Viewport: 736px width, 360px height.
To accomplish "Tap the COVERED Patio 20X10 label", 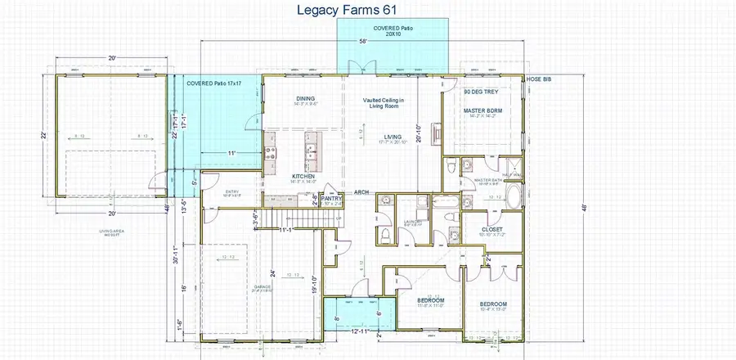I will click(393, 31).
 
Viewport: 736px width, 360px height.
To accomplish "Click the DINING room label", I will click(305, 99).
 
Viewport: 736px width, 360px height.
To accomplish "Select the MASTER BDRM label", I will click(482, 110).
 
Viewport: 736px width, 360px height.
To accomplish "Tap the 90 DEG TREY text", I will click(479, 92).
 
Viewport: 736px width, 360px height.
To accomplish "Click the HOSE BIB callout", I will click(539, 79).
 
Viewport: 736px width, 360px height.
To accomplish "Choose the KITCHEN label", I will click(304, 176).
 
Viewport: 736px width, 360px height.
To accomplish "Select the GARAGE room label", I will click(238, 287).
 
